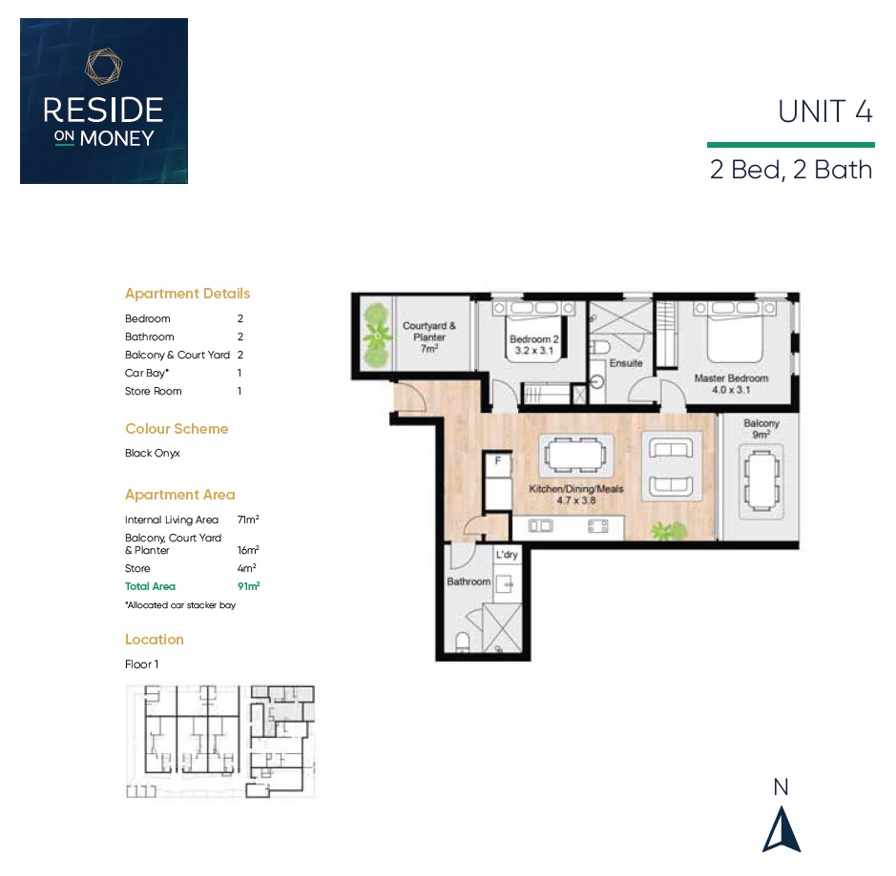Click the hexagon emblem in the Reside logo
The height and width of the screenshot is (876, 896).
click(103, 67)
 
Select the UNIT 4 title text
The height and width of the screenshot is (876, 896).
click(825, 112)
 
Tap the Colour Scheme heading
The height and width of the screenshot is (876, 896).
click(177, 429)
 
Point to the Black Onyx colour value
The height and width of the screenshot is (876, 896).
click(153, 453)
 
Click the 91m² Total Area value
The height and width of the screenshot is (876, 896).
click(249, 586)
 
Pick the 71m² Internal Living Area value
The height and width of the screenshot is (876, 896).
click(248, 519)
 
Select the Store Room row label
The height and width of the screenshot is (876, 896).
click(153, 391)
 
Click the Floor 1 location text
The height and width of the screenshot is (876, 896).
click(142, 664)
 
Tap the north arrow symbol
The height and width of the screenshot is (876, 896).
click(781, 829)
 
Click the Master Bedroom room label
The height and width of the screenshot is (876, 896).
click(731, 383)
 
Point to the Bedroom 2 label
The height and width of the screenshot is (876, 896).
click(534, 345)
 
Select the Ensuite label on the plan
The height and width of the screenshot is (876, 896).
click(626, 363)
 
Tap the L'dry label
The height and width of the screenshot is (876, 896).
click(507, 554)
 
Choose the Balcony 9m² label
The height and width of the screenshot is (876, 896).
click(761, 429)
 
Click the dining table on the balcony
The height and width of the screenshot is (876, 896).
click(761, 480)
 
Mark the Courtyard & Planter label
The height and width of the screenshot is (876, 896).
click(429, 336)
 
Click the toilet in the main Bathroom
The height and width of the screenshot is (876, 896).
click(463, 642)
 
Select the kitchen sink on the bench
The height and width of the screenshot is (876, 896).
click(541, 525)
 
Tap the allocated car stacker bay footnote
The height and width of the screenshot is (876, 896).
click(180, 605)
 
